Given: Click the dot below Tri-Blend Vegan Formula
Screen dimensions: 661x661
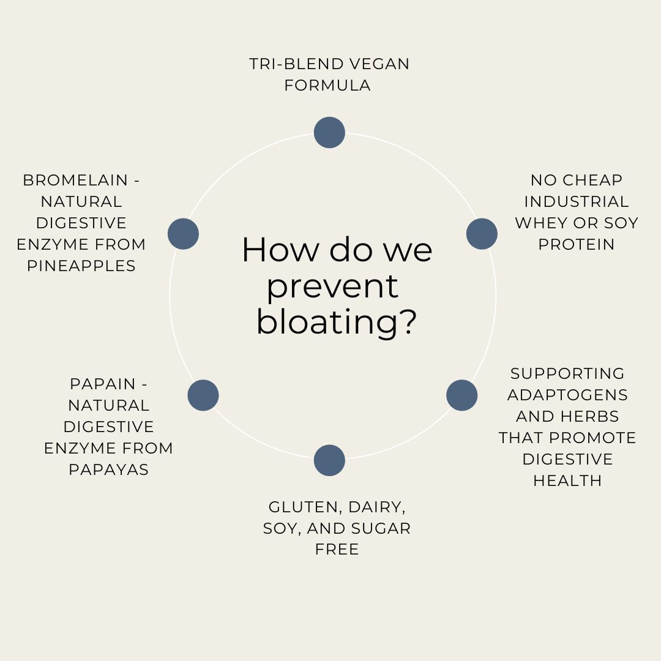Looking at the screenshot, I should pos(329,132).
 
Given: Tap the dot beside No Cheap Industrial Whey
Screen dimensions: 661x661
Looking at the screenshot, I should pos(482,234).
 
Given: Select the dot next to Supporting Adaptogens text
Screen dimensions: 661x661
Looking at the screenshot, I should pos(461,395).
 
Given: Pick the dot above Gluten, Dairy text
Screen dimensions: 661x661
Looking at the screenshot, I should pos(329,460).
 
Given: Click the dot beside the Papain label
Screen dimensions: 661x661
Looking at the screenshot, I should pos(203,395).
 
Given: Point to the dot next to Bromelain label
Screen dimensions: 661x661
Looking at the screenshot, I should pos(183,234).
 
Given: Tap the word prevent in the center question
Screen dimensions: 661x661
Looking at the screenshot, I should pos(332,286).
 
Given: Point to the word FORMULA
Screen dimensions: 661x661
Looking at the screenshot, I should pos(327,85).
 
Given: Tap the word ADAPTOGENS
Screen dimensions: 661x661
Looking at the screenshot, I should pos(567,395).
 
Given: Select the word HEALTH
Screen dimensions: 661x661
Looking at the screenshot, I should pos(567,480).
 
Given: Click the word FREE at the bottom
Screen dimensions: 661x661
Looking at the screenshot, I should pos(337,549).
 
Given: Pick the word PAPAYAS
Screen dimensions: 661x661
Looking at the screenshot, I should pos(108,469).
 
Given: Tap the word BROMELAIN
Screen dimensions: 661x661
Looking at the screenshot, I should pos(75,180).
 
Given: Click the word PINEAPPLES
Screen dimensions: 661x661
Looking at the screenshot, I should pos(81,266).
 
